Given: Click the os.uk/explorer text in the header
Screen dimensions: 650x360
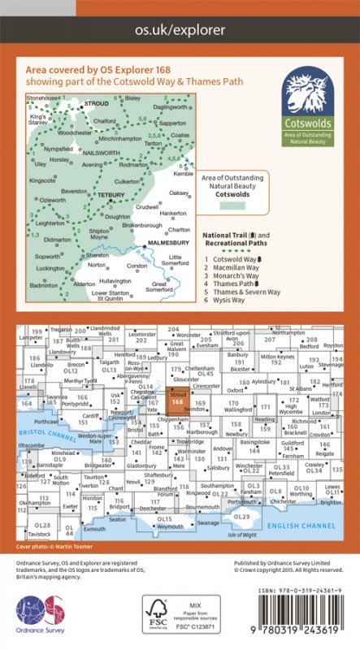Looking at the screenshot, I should [x=180, y=29].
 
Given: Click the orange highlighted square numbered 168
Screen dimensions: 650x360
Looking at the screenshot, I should [x=177, y=400].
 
